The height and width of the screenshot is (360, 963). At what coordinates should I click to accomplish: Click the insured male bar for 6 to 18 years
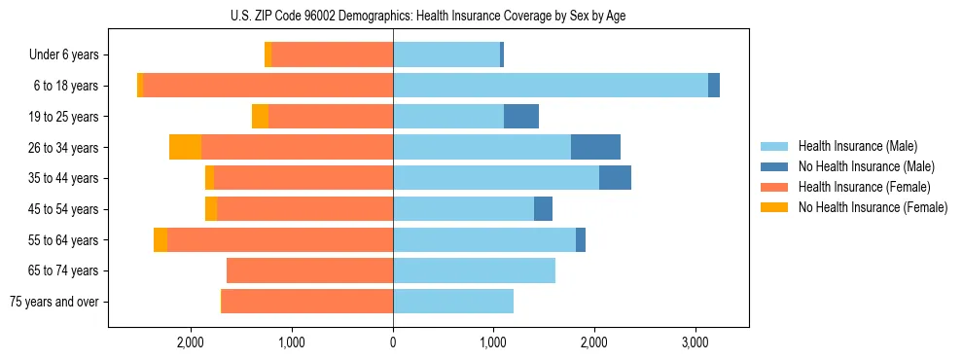pyautogui.click(x=551, y=86)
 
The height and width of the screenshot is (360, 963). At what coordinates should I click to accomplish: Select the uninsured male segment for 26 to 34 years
pyautogui.click(x=595, y=147)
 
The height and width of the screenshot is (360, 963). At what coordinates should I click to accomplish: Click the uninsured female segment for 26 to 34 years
pyautogui.click(x=185, y=147)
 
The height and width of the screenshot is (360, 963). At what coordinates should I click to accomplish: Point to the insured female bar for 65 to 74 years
pyautogui.click(x=309, y=270)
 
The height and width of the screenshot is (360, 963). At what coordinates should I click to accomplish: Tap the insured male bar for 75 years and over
pyautogui.click(x=453, y=302)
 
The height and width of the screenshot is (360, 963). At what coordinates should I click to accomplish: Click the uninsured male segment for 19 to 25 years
pyautogui.click(x=521, y=117)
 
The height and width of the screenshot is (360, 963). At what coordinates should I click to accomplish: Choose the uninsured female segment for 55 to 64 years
pyautogui.click(x=160, y=240)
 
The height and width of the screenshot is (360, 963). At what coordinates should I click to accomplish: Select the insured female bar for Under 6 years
pyautogui.click(x=333, y=55)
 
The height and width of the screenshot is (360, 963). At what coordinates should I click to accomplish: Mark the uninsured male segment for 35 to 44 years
pyautogui.click(x=615, y=178)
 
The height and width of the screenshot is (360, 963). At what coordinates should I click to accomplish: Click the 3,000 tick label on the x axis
pyautogui.click(x=695, y=342)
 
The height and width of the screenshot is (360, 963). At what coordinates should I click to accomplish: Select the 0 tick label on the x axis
pyautogui.click(x=393, y=342)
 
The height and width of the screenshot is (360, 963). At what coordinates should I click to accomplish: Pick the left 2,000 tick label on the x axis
pyautogui.click(x=191, y=342)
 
